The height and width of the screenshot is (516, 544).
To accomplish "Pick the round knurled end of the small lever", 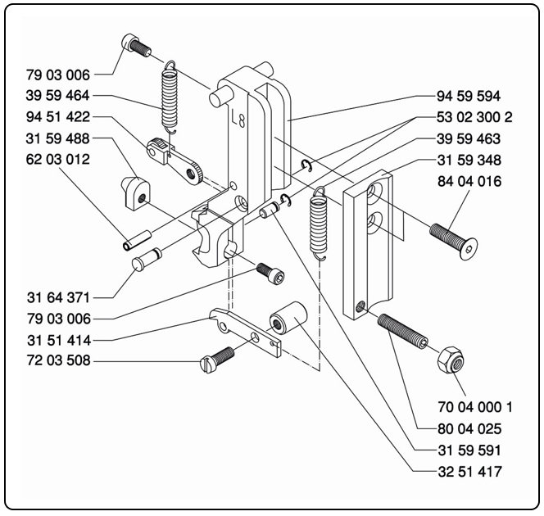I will [x=195, y=171].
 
